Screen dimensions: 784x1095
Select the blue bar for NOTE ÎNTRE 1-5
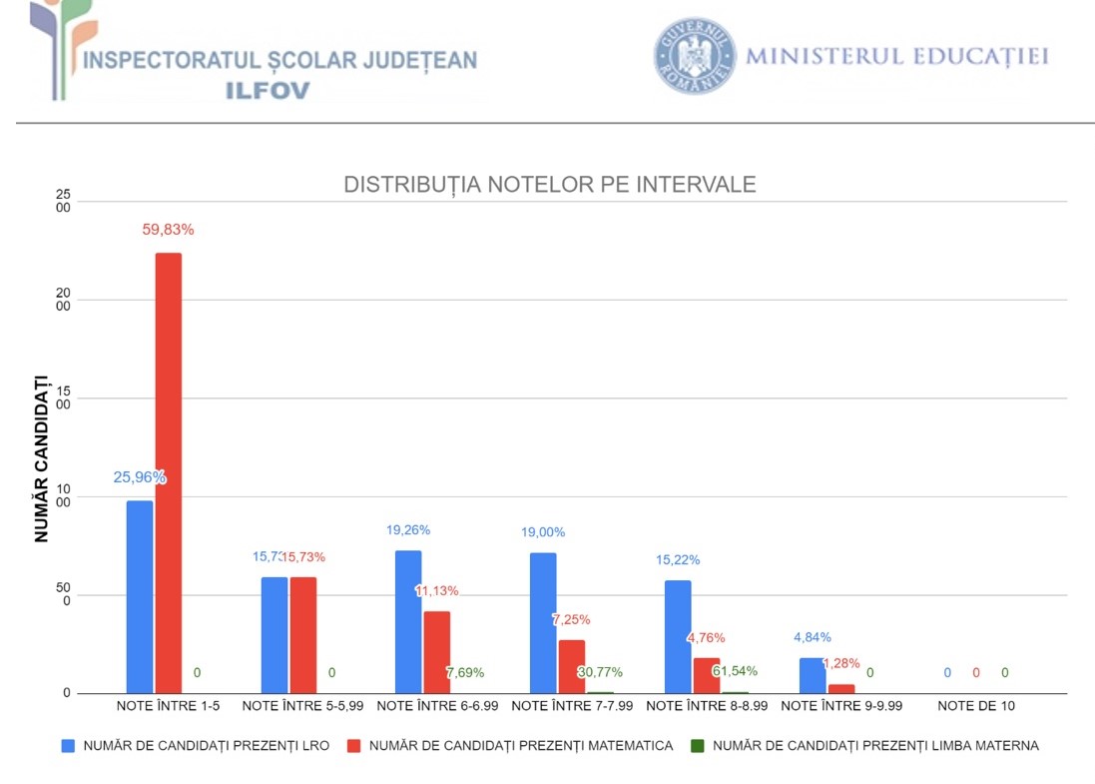tap(140, 596)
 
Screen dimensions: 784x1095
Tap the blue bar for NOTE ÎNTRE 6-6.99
tap(408, 621)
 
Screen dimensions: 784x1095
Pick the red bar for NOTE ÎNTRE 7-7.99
tap(571, 666)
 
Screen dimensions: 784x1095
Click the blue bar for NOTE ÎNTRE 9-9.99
tap(813, 675)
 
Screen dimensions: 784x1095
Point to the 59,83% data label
tap(168, 229)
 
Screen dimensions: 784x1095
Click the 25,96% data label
tap(140, 477)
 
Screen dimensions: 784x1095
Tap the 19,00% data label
tap(543, 532)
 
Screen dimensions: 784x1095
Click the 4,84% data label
tap(813, 637)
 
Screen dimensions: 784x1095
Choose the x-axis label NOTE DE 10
tap(976, 706)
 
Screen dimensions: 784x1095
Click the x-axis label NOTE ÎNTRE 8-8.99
tap(707, 706)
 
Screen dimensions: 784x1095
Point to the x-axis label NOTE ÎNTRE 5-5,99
tap(302, 706)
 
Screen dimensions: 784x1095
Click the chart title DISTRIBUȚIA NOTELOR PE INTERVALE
tap(550, 185)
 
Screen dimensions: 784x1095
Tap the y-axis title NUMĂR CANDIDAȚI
tap(41, 457)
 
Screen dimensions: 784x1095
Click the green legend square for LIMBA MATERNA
tap(698, 745)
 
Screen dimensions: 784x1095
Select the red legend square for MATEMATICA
tap(353, 745)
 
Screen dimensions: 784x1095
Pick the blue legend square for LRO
tap(68, 745)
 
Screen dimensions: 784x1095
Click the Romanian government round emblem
tap(695, 56)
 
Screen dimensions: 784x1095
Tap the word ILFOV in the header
tap(268, 90)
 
